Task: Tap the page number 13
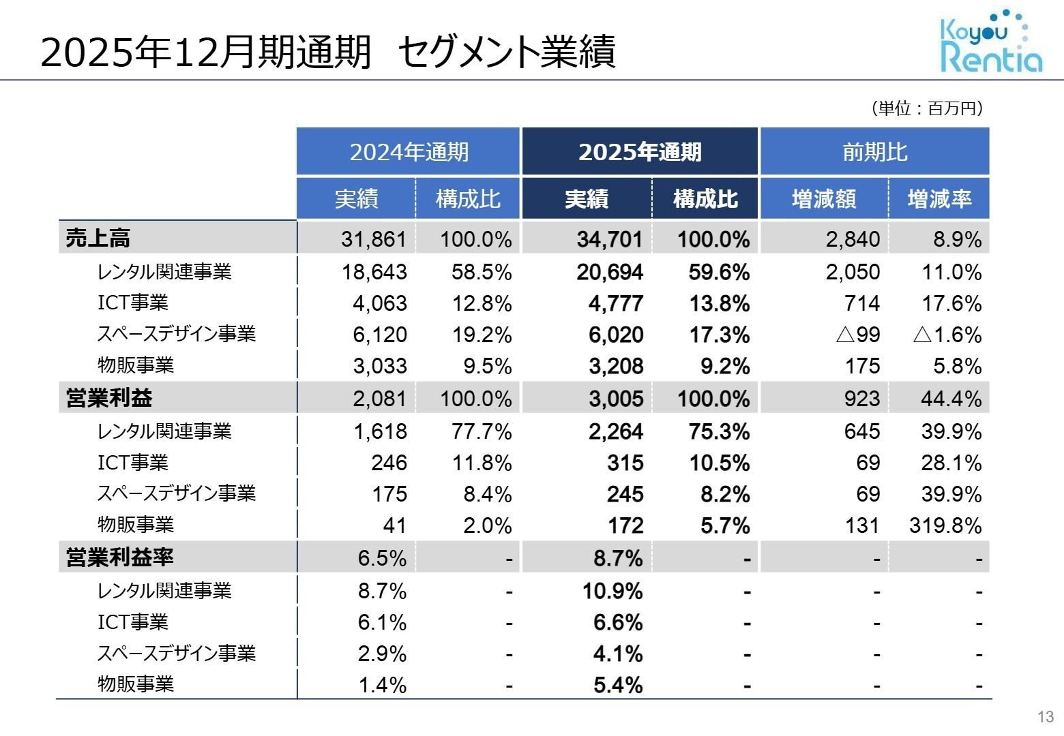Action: pyautogui.click(x=1045, y=717)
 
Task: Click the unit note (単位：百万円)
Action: pyautogui.click(x=926, y=108)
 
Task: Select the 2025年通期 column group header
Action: pyautogui.click(x=640, y=152)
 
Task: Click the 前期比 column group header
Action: pyautogui.click(x=874, y=152)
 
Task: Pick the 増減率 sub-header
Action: pyautogui.click(x=939, y=199)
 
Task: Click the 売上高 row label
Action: pyautogui.click(x=98, y=239)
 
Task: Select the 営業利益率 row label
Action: pyautogui.click(x=119, y=557)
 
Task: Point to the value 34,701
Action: pyautogui.click(x=609, y=239)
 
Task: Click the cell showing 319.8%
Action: pyautogui.click(x=945, y=525)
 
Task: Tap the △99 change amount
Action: pyautogui.click(x=857, y=335)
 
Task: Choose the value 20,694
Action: pyautogui.click(x=609, y=272)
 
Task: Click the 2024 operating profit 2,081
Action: pyautogui.click(x=379, y=399)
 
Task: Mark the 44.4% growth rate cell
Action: pyautogui.click(x=951, y=399)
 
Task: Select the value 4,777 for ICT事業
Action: pyautogui.click(x=615, y=303)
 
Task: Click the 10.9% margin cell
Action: pyautogui.click(x=612, y=591)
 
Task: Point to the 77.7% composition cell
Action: pyautogui.click(x=481, y=431)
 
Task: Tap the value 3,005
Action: pyautogui.click(x=615, y=399)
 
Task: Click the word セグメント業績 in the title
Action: pyautogui.click(x=506, y=52)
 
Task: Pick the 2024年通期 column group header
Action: pyautogui.click(x=409, y=152)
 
